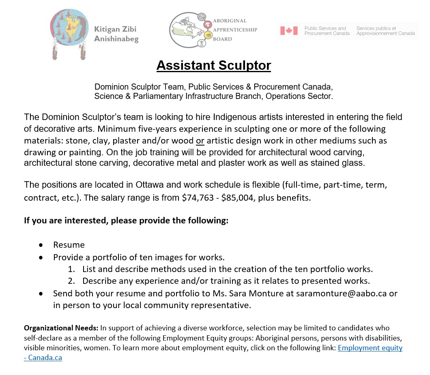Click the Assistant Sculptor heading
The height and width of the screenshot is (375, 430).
point(214,65)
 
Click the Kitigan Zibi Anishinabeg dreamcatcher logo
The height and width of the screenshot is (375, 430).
point(69,34)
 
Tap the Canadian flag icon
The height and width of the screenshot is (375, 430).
point(289,31)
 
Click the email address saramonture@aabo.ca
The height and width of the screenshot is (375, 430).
point(341,293)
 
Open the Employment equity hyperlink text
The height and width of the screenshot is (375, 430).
point(370,348)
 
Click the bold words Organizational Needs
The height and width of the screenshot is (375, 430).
point(61,328)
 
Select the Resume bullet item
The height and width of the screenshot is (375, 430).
point(69,245)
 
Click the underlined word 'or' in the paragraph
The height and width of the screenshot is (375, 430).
point(200,141)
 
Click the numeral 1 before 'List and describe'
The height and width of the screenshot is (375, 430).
point(71,269)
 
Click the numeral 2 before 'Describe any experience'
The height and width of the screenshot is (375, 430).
point(71,281)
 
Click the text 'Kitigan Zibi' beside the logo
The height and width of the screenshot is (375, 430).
point(115,29)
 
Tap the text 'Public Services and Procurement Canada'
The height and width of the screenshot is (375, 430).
point(327,31)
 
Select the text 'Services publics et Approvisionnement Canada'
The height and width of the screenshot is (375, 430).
point(385,31)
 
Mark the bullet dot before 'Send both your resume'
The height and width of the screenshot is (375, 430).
point(41,294)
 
